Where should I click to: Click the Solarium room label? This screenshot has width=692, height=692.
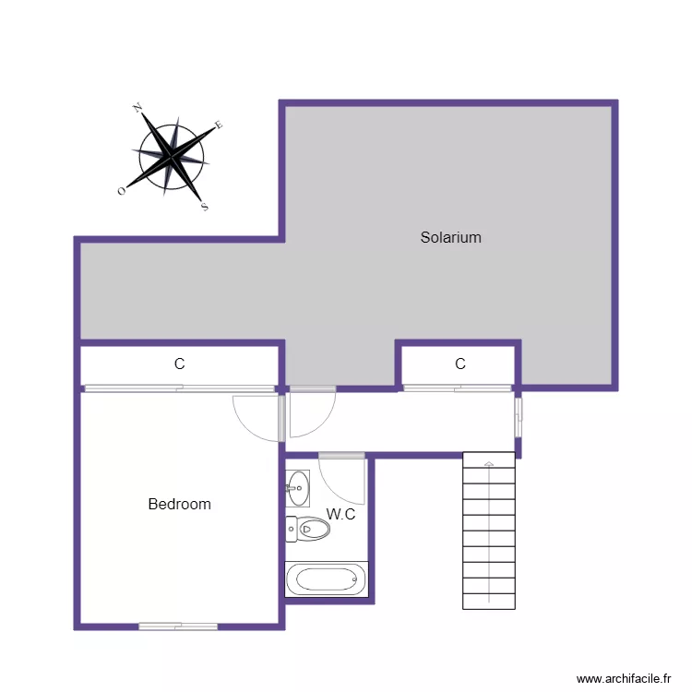click(x=450, y=237)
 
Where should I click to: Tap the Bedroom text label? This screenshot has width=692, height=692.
click(x=179, y=504)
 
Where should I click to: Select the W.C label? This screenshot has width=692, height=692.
click(x=340, y=514)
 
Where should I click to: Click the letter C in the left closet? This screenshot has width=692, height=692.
click(x=179, y=364)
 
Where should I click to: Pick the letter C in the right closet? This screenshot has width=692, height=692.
click(x=459, y=364)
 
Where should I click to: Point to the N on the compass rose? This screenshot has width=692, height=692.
click(x=137, y=109)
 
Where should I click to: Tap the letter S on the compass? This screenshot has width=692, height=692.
click(x=205, y=207)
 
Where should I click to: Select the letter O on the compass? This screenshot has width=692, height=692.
click(x=122, y=190)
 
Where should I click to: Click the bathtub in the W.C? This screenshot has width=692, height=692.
click(x=322, y=580)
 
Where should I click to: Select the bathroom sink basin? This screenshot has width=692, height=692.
click(x=298, y=489)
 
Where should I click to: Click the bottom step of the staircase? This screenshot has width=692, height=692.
click(x=488, y=601)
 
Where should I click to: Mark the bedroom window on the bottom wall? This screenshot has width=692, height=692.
click(x=178, y=626)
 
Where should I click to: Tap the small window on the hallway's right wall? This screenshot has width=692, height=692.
click(x=519, y=416)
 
